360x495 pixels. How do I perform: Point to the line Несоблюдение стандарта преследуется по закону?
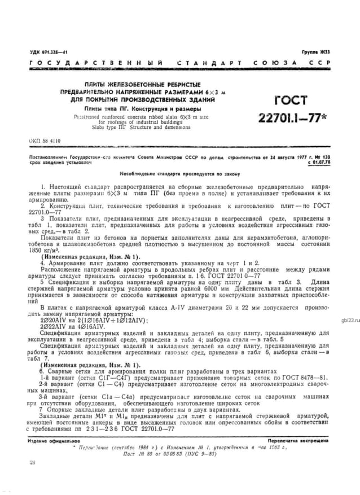click(x=179, y=173)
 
